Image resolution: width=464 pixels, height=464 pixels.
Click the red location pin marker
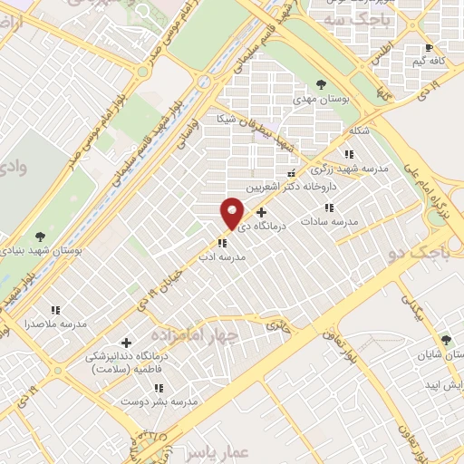tap(232, 213)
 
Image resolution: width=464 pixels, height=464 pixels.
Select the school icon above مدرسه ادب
tap(222, 243)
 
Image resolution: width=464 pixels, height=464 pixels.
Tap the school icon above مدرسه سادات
tap(342, 208)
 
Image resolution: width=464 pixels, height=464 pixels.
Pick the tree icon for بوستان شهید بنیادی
tap(36, 237)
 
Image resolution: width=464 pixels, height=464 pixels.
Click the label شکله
tap(360, 130)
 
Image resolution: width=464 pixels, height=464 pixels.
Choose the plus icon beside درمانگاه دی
tap(262, 212)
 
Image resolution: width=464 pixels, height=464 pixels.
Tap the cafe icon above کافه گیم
tap(429, 47)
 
